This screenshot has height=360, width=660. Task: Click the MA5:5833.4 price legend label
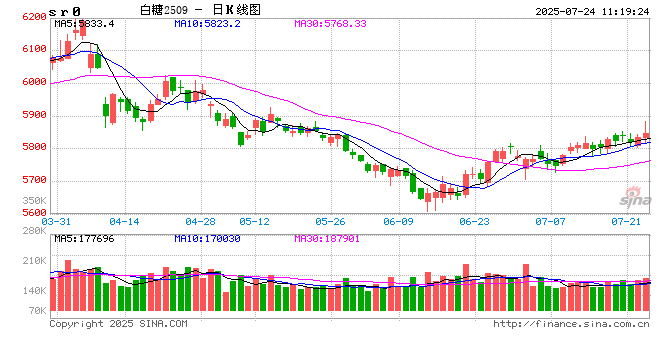pos(84,22)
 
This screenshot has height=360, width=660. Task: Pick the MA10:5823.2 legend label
pos(205,22)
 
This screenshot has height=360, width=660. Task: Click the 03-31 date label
pos(63,221)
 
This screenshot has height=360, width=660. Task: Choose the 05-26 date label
pos(330,221)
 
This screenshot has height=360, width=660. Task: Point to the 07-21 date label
pos(625,221)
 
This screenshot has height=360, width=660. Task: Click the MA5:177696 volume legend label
pos(84,239)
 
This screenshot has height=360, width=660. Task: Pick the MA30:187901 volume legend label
pos(328,239)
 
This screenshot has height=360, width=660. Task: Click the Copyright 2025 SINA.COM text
pos(118,323)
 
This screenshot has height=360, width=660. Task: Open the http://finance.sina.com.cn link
pos(573,323)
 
